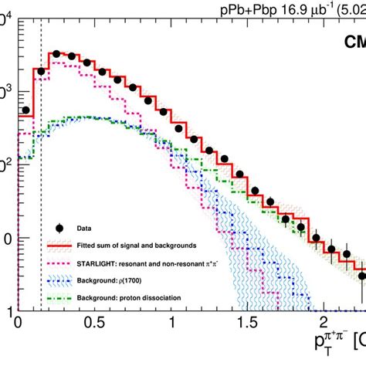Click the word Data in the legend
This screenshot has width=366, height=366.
click(x=84, y=229)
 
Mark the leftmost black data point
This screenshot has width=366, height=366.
click(x=25, y=110)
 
